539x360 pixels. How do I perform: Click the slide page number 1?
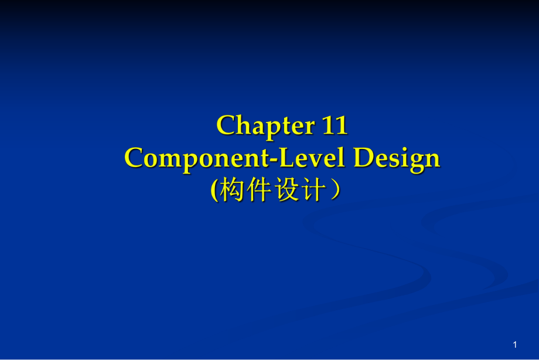(515, 344)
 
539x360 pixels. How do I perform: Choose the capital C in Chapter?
(226, 125)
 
